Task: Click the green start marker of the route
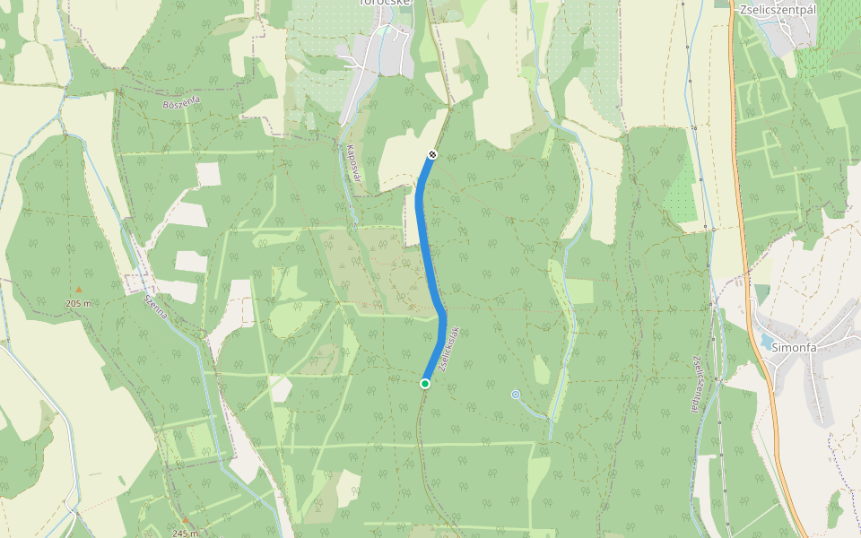coord(425,384)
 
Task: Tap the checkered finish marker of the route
coord(432,155)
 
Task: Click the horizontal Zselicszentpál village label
coord(777,11)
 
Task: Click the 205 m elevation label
coord(79,304)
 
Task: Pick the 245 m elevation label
coord(185,534)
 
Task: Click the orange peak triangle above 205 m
coord(78,290)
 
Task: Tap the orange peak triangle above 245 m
coord(185,520)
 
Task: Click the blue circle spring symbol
coord(516,394)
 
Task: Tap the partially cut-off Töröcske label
coord(385,4)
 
